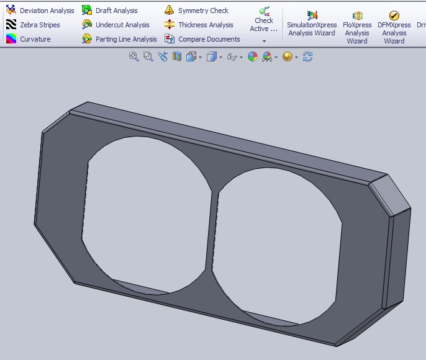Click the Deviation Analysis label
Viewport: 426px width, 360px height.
pyautogui.click(x=47, y=11)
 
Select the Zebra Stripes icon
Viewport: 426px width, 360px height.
pyautogui.click(x=11, y=24)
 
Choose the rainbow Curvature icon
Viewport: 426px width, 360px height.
pyautogui.click(x=11, y=39)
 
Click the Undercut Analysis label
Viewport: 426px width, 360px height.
pyautogui.click(x=122, y=25)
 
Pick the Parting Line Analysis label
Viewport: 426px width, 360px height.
pyautogui.click(x=126, y=39)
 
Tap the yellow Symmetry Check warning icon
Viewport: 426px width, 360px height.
pyautogui.click(x=169, y=10)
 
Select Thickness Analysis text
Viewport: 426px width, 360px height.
pyautogui.click(x=206, y=25)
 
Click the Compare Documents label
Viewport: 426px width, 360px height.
pyautogui.click(x=209, y=39)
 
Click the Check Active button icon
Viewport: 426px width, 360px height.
pyautogui.click(x=265, y=11)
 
